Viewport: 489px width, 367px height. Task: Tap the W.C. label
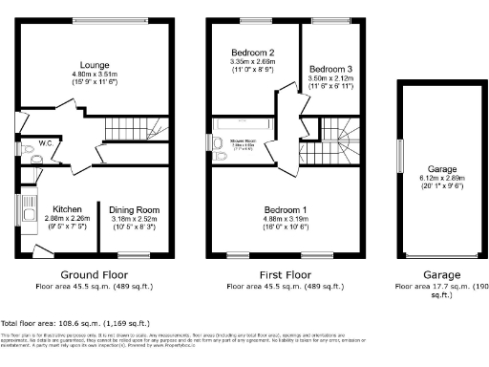click(x=46, y=144)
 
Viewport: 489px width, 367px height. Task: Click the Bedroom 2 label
click(x=253, y=53)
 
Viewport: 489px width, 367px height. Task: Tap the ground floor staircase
click(x=128, y=130)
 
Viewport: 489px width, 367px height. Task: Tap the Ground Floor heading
click(x=91, y=272)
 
